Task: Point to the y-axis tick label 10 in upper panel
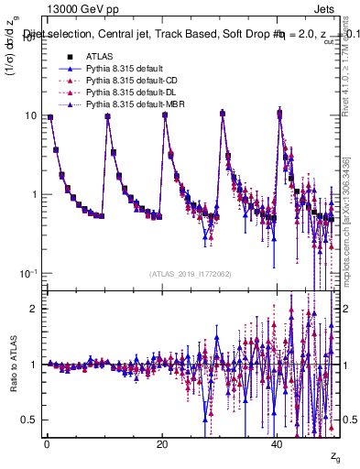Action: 32,116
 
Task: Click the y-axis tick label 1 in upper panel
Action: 36,195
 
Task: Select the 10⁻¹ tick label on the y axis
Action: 29,274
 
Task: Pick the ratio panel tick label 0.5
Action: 30,420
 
